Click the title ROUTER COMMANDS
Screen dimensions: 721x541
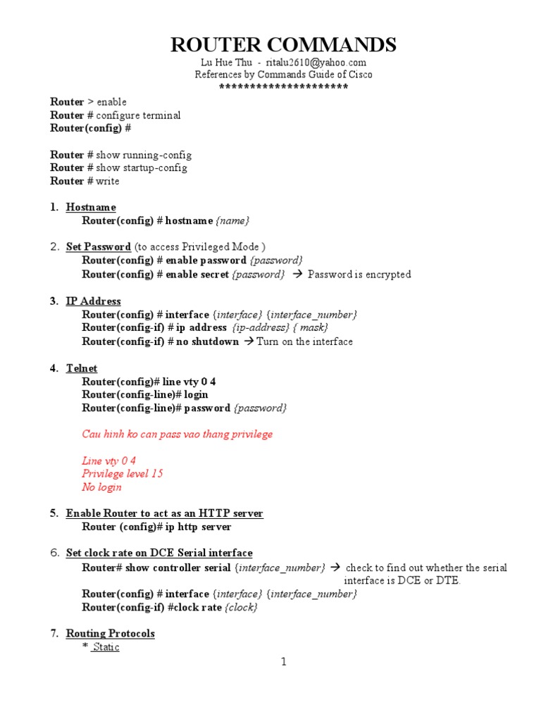(284, 45)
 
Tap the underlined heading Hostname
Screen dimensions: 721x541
(91, 207)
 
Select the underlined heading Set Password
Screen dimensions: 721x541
(98, 247)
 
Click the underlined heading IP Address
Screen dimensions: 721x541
(93, 301)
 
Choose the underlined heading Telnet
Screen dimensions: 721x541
(82, 368)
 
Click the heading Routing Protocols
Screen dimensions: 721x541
(110, 634)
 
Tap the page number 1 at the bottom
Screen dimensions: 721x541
(284, 662)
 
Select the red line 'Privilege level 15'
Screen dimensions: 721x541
(123, 474)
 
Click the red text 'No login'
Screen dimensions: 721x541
(101, 487)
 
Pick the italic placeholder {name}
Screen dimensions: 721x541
(232, 220)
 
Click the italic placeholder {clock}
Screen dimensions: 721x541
(241, 607)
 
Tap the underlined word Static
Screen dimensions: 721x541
(106, 647)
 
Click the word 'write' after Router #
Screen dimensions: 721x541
(108, 181)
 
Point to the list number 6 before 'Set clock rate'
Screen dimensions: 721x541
(54, 553)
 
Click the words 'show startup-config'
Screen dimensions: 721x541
(142, 168)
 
